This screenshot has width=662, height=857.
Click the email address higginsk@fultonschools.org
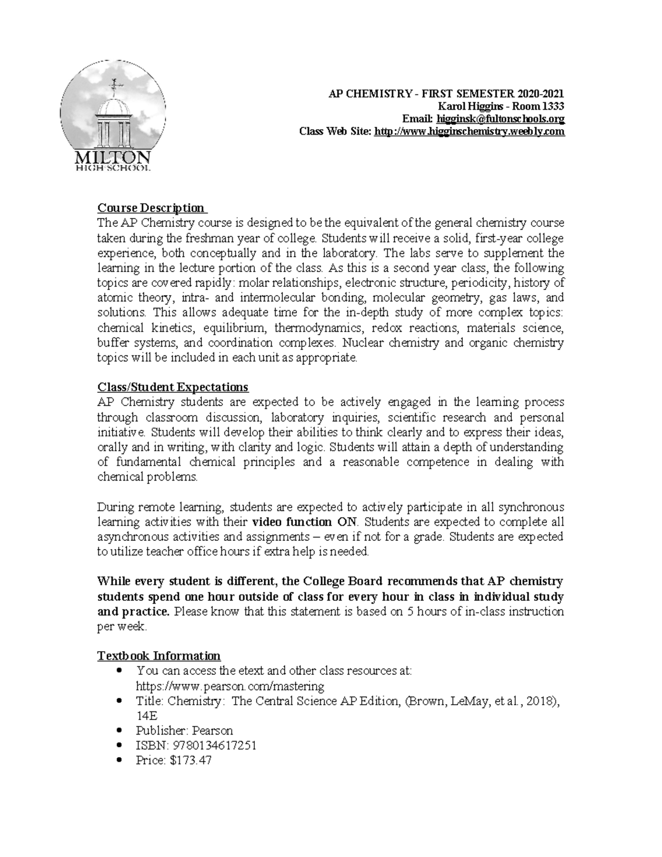coord(500,119)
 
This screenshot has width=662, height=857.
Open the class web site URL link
coord(469,131)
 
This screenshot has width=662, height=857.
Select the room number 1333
coord(552,107)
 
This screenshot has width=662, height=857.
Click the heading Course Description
coord(151,208)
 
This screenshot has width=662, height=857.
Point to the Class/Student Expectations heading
coord(173,387)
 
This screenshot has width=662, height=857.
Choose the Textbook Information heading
coord(159,656)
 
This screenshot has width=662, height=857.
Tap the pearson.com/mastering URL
coord(230,686)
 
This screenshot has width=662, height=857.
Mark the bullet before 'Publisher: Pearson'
coord(120,731)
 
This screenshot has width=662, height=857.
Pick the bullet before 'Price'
coord(120,761)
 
